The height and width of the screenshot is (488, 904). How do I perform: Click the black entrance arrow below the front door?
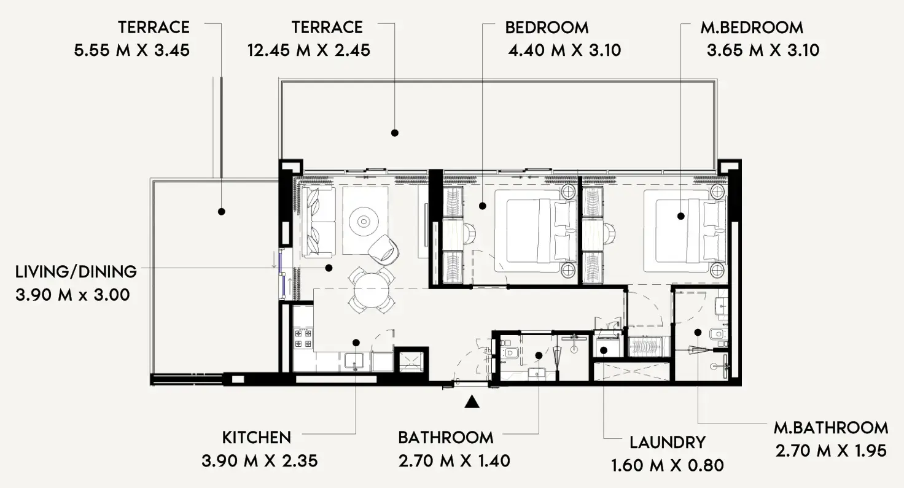click(471, 402)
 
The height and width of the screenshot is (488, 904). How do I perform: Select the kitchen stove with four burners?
click(303, 338)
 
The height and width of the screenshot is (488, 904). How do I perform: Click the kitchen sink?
click(354, 362)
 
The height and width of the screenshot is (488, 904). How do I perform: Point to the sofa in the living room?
click(318, 222)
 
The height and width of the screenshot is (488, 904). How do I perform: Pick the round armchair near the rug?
click(384, 248)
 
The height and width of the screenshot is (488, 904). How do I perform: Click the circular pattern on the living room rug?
click(365, 220)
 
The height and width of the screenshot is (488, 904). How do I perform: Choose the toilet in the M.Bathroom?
click(717, 335)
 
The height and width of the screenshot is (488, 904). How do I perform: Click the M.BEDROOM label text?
click(751, 28)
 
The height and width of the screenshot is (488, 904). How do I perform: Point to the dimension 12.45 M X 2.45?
click(308, 50)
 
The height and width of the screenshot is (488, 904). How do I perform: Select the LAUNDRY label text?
click(668, 442)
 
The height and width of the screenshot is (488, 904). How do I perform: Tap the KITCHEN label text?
click(256, 438)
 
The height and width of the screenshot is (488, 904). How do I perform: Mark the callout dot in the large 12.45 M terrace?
click(395, 133)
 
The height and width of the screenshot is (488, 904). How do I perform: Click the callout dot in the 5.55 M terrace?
click(222, 211)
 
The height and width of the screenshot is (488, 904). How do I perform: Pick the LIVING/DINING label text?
click(76, 271)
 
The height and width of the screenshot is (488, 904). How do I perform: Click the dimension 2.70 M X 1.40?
click(454, 460)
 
